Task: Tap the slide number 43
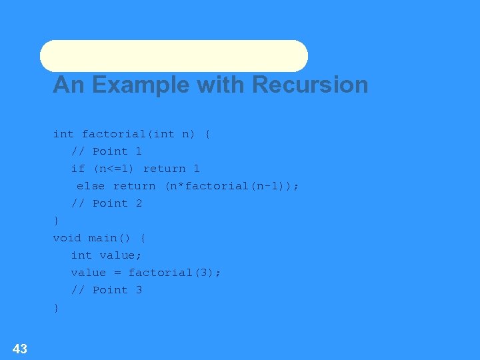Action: [20, 348]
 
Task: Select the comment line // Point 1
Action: [107, 151]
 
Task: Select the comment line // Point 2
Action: [107, 203]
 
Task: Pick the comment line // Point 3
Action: [107, 290]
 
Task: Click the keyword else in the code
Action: [91, 186]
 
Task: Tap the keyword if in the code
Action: [78, 169]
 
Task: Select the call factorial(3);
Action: [175, 273]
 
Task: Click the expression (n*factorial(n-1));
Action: [232, 186]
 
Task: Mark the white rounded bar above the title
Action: [174, 56]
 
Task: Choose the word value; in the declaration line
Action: [121, 255]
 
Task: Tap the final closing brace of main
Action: [56, 307]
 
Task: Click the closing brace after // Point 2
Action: [56, 221]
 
